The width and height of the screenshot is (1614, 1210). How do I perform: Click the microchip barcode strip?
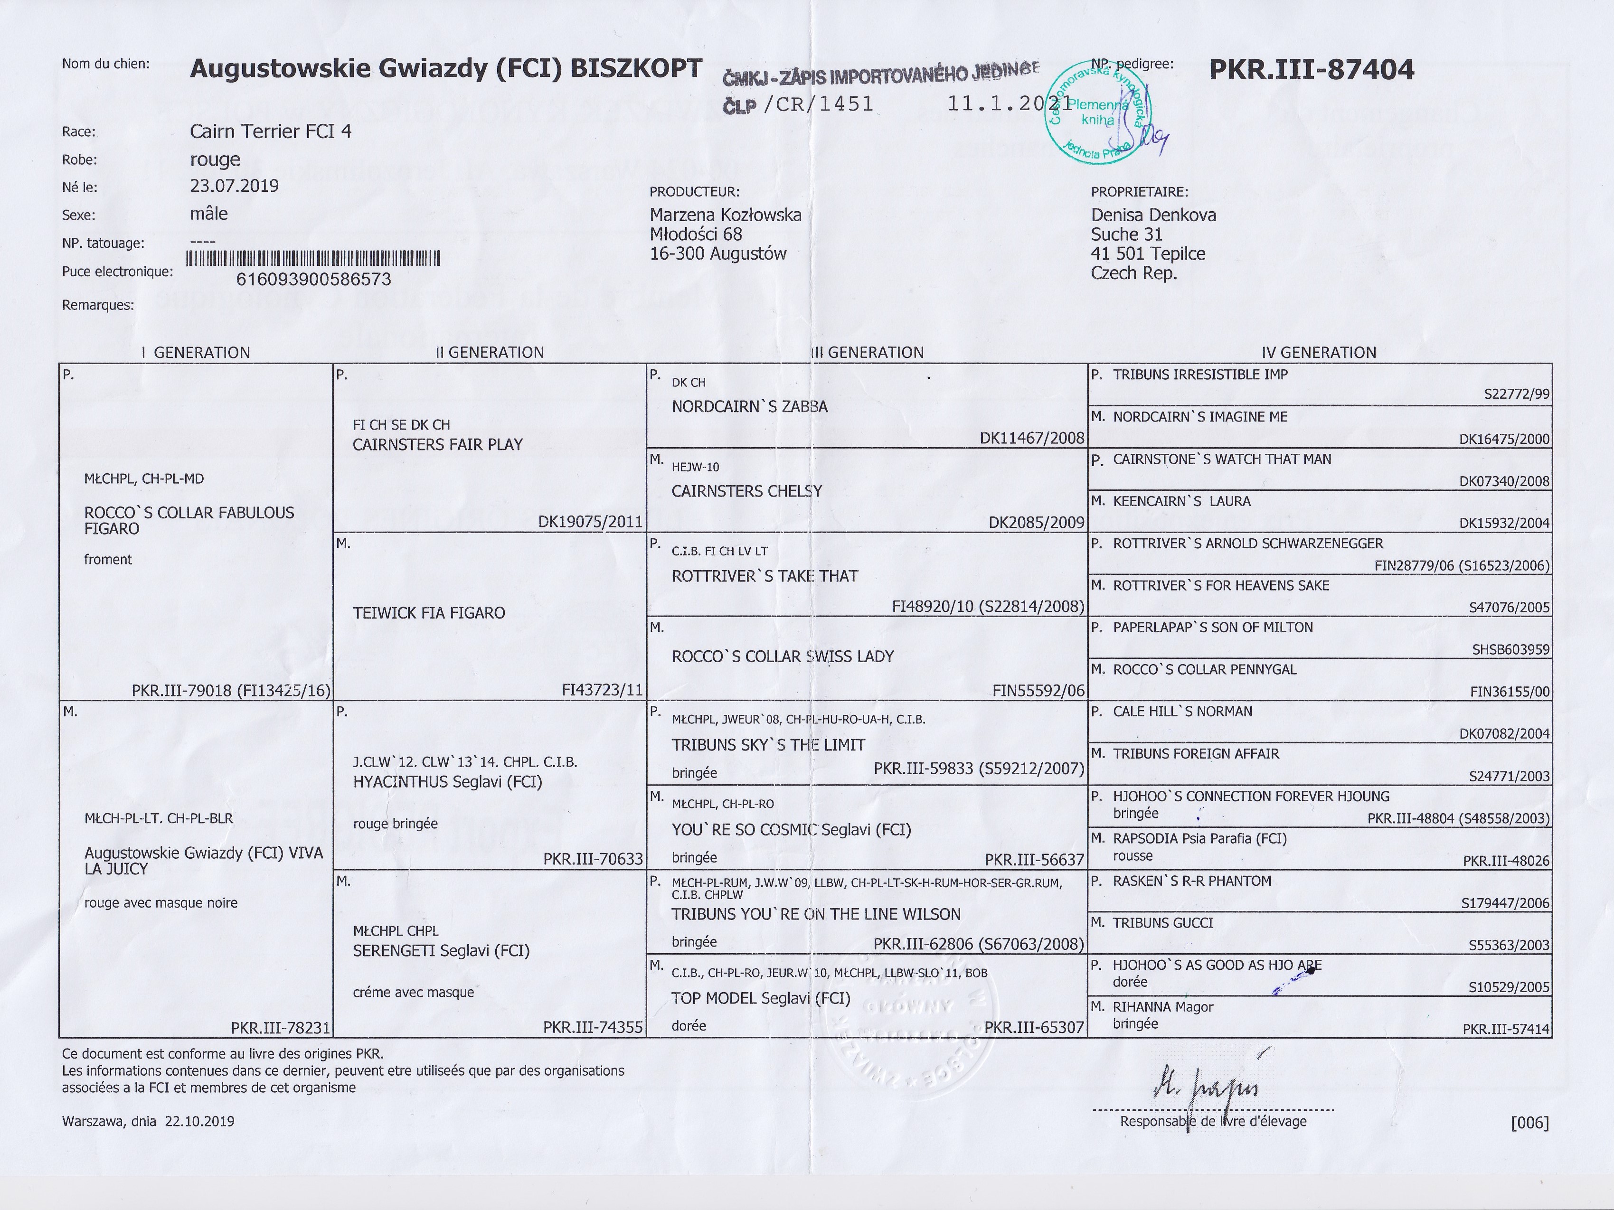[x=314, y=258]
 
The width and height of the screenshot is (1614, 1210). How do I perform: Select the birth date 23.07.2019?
[x=234, y=185]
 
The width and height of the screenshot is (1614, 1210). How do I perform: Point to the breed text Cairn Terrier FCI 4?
[x=271, y=131]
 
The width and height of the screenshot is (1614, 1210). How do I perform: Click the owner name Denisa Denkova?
[x=1153, y=215]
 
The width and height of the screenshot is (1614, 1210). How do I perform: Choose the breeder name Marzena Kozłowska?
[x=725, y=215]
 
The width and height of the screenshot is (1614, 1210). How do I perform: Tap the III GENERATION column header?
[x=868, y=352]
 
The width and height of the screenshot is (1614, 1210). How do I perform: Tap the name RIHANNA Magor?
[x=1163, y=1007]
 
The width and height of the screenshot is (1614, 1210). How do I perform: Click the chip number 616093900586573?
[x=314, y=279]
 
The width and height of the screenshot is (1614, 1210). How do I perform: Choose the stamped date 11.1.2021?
[x=1009, y=103]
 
